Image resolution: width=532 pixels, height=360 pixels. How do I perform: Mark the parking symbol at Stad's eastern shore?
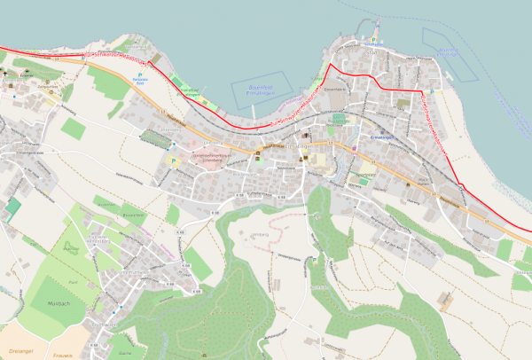[432, 90]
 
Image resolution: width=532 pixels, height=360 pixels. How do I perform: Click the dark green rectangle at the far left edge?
[12, 210]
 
